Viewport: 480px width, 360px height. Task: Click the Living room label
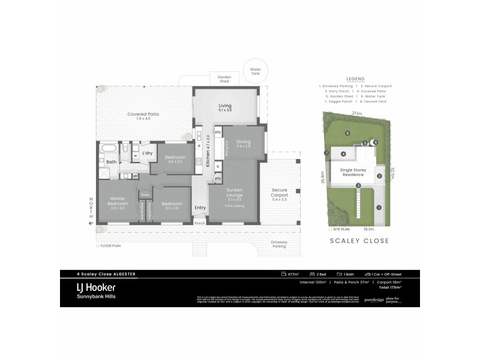225,108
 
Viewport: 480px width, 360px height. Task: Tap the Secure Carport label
279,194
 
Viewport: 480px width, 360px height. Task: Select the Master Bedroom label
118,203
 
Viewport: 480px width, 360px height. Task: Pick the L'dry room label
147,154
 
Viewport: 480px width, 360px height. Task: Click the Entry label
200,208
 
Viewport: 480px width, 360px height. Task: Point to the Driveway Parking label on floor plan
279,244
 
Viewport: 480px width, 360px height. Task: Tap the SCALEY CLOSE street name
360,241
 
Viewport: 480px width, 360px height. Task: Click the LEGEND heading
356,79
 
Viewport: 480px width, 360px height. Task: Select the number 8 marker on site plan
347,133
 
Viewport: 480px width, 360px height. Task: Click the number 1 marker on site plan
379,207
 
